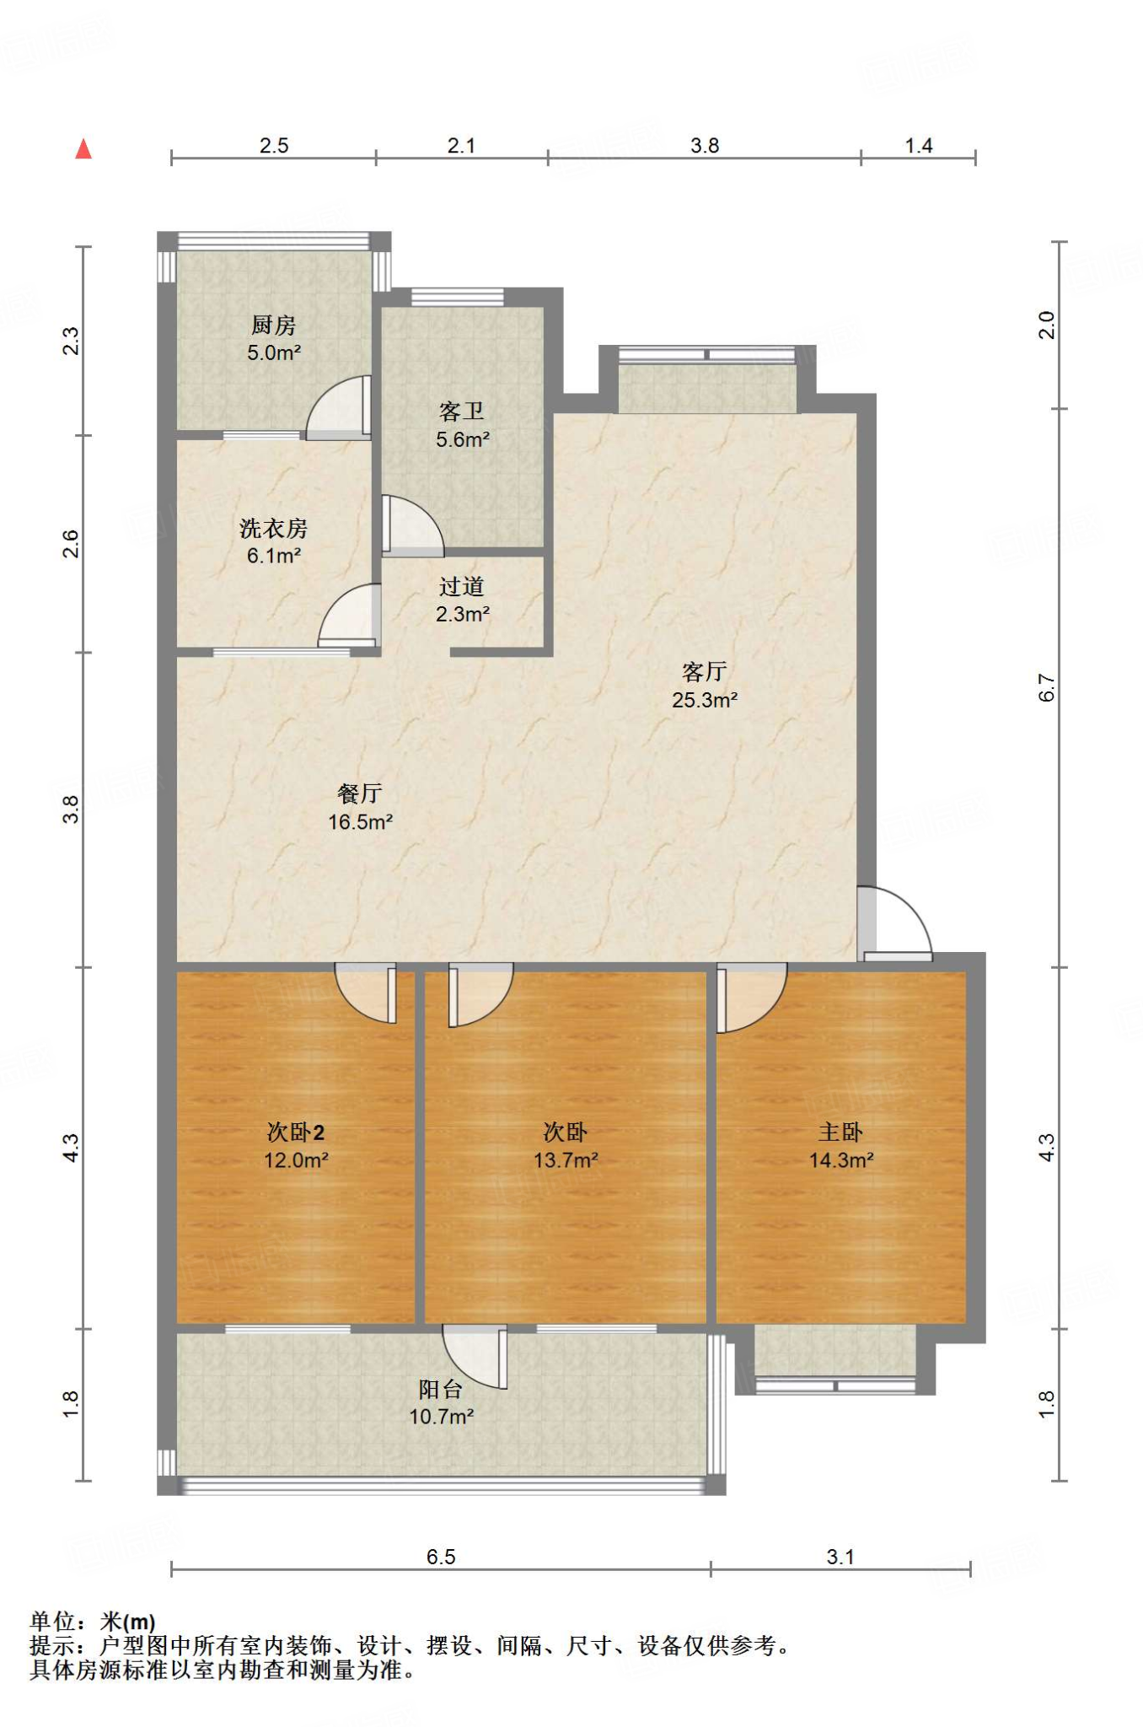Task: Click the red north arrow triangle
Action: (x=83, y=149)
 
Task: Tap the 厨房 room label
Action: (x=274, y=325)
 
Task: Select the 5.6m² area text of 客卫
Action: (x=463, y=439)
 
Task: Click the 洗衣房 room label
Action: (x=274, y=529)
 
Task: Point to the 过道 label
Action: (x=462, y=586)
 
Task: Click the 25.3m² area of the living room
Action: (x=705, y=700)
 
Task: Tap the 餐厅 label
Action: (x=360, y=794)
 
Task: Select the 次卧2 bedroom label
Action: (x=296, y=1133)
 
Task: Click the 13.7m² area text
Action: (x=566, y=1160)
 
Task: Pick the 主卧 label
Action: (x=840, y=1133)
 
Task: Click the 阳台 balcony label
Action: (x=441, y=1389)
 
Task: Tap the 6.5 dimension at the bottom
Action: (x=441, y=1557)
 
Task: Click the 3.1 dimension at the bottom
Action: (x=840, y=1557)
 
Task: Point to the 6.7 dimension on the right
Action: (x=1046, y=687)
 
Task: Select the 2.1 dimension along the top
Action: (x=461, y=146)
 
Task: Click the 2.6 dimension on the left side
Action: (x=71, y=544)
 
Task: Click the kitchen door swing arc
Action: (x=336, y=407)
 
